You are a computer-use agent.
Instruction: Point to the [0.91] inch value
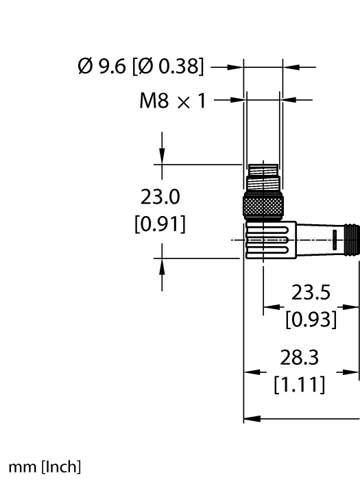pyautogui.click(x=160, y=224)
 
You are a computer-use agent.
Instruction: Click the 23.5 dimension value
pyautogui.click(x=311, y=293)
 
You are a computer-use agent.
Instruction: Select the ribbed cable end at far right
pyautogui.click(x=352, y=239)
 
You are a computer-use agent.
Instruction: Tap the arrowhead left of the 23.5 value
pyautogui.click(x=270, y=307)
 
